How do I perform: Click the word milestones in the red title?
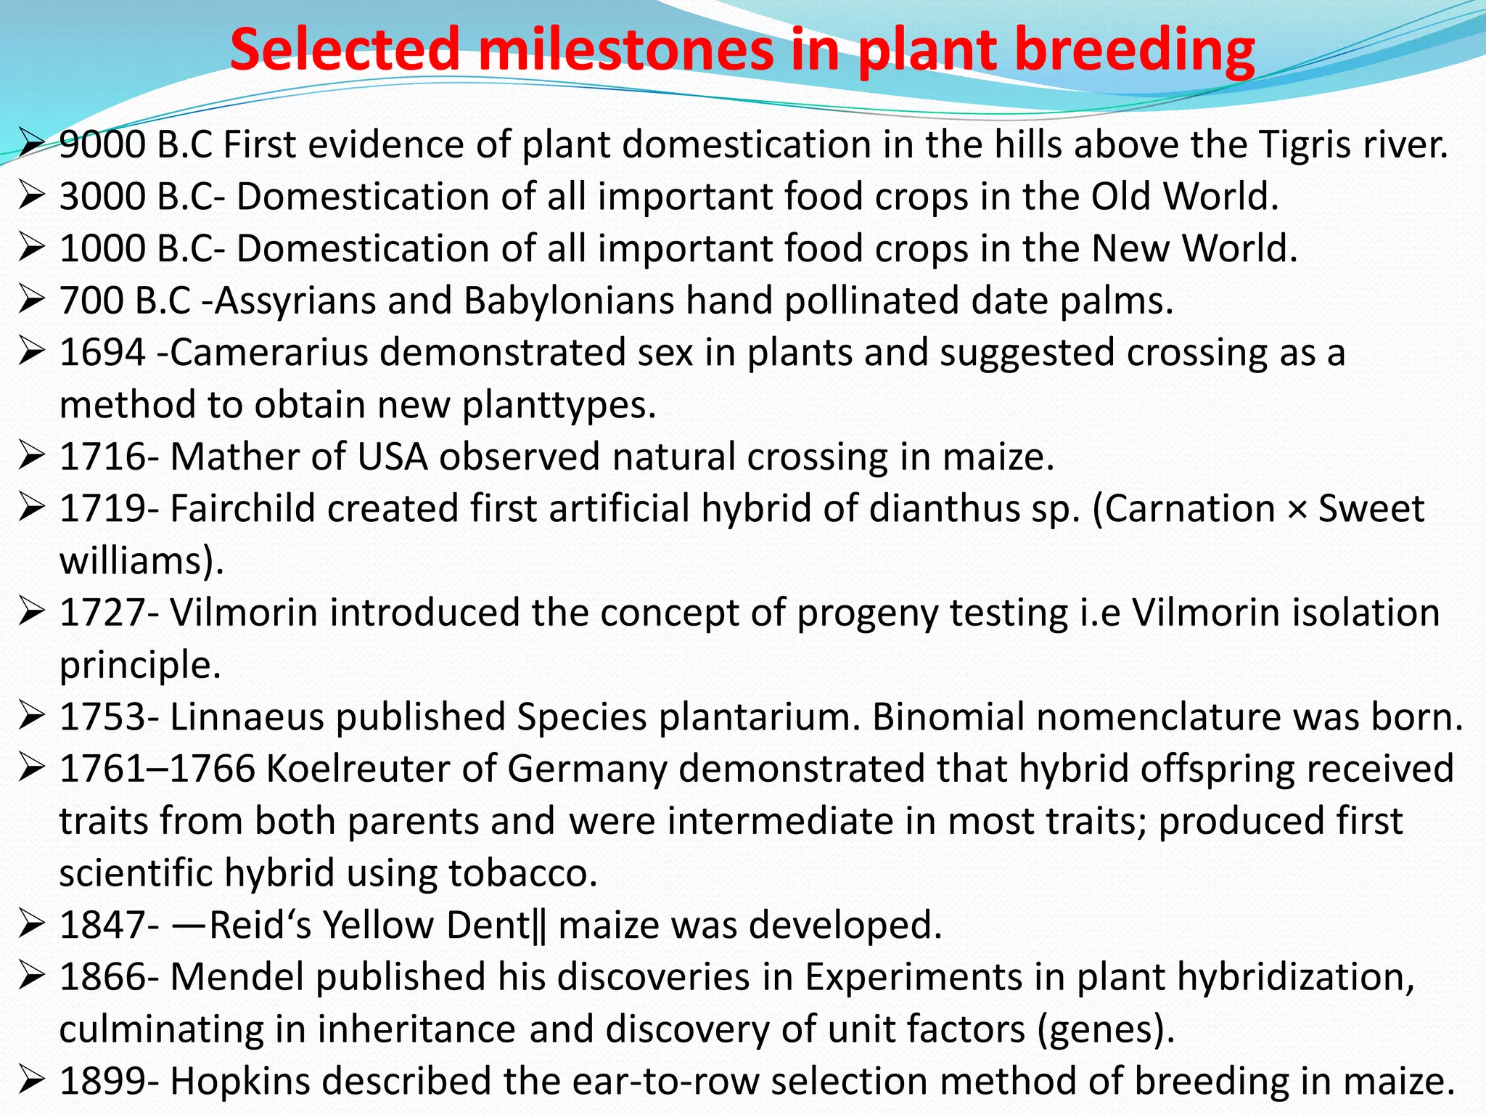click(x=625, y=49)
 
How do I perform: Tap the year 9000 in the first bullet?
click(x=102, y=144)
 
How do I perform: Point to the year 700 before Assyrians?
click(x=91, y=301)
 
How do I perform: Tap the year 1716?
click(x=102, y=457)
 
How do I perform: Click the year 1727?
click(x=102, y=613)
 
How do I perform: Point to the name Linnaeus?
click(x=246, y=716)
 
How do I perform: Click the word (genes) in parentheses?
click(x=1106, y=1029)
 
